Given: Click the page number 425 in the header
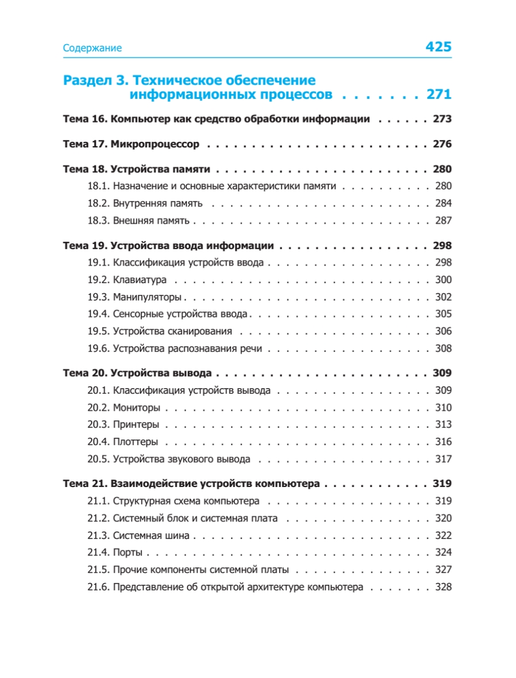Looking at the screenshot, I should tap(438, 47).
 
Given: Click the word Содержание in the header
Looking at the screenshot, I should tap(92, 48).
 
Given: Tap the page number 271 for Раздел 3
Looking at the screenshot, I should tap(439, 94).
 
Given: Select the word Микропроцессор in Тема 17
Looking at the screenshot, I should tap(155, 144).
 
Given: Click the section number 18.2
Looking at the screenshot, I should tap(98, 203).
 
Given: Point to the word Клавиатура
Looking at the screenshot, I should tap(140, 280).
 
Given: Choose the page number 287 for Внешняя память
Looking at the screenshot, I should tap(443, 220).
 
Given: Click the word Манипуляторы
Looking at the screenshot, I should tap(147, 297).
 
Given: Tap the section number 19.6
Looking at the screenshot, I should tap(98, 349).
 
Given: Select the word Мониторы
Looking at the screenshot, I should tap(137, 408).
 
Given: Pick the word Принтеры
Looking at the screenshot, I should tap(136, 425).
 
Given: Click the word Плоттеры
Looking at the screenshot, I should tap(136, 442).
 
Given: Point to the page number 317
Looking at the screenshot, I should tap(443, 459).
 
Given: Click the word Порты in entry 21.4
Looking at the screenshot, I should tap(128, 553).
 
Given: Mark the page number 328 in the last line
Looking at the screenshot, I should tap(443, 587).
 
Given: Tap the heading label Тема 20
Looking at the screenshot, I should tap(85, 373).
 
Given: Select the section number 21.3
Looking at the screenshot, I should tap(98, 536).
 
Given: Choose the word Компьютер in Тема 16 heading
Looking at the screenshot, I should tap(136, 119).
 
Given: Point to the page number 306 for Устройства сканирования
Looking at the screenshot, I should tap(443, 332).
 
